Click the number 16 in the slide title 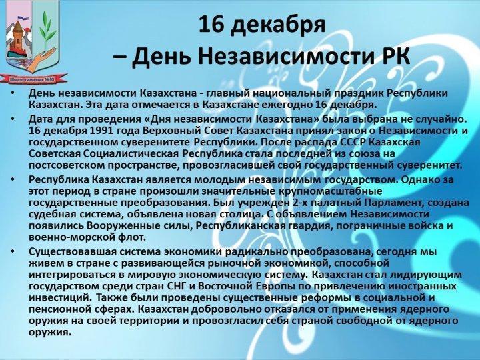(212, 25)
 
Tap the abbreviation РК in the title (396, 56)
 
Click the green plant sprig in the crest (47, 29)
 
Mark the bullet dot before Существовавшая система (12, 251)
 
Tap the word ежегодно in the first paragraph (287, 105)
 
